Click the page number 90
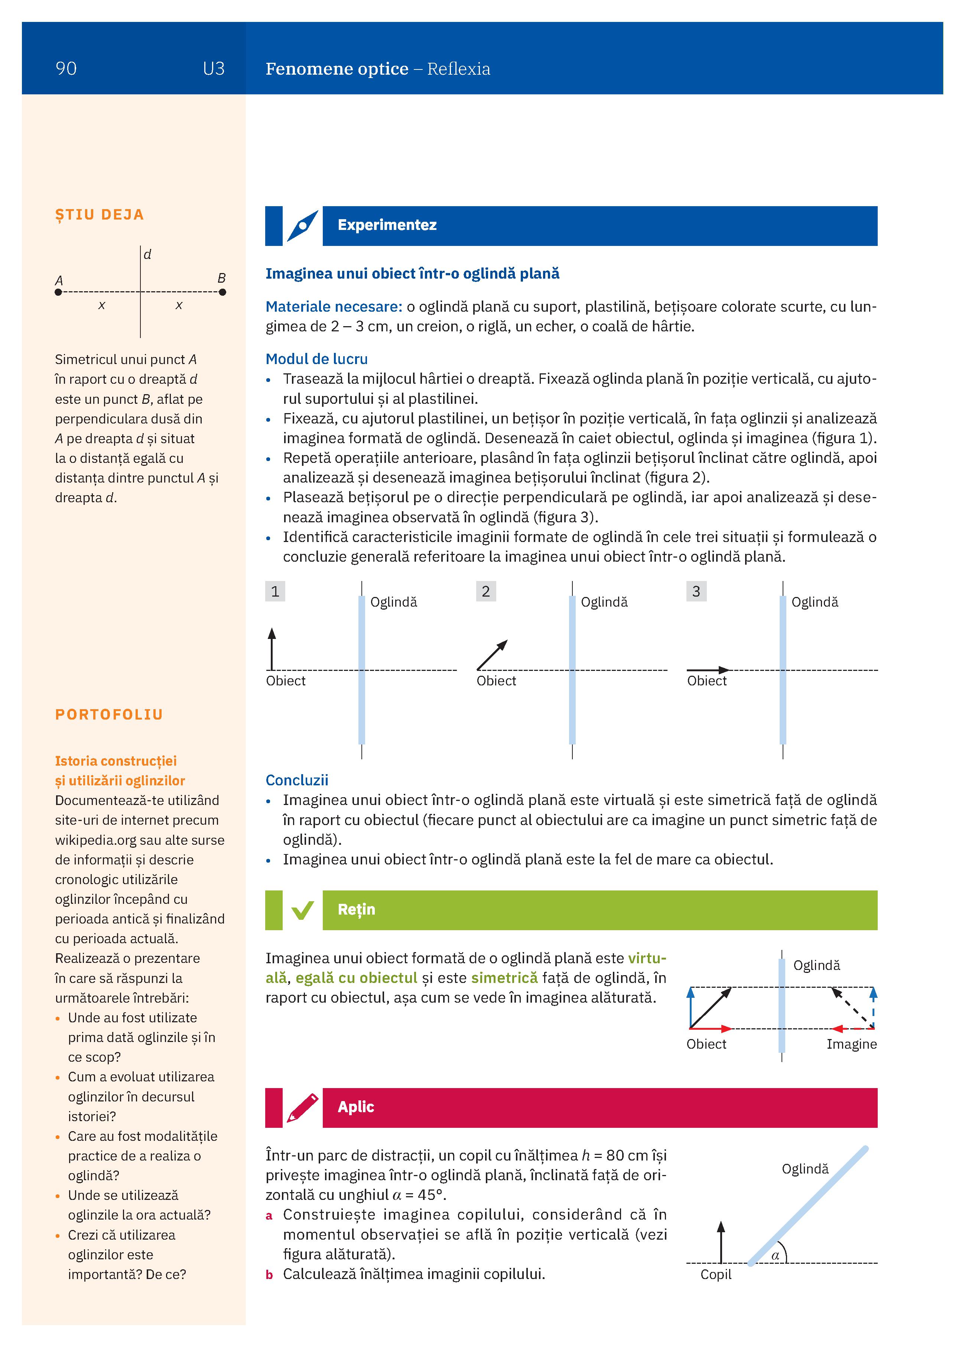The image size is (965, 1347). [x=66, y=69]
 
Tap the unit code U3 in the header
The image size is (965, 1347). [x=213, y=69]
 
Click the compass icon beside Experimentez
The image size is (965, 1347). [x=302, y=226]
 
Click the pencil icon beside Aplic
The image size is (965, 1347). [x=302, y=1108]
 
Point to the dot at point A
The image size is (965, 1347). [x=58, y=292]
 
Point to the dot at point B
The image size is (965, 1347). [x=222, y=292]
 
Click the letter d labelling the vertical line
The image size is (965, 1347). [x=147, y=255]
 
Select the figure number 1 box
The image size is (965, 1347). [x=275, y=591]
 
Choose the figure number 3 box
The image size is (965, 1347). [x=696, y=591]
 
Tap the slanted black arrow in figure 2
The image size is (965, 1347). [x=492, y=655]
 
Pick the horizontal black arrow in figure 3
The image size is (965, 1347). [x=708, y=670]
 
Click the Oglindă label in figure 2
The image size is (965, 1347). [x=604, y=602]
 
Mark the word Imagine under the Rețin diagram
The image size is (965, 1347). [x=851, y=1044]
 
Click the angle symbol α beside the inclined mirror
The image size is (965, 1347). [x=775, y=1256]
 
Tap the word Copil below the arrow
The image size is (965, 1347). [x=716, y=1275]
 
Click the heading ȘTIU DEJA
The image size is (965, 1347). [x=99, y=215]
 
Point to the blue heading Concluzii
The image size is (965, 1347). [x=296, y=780]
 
